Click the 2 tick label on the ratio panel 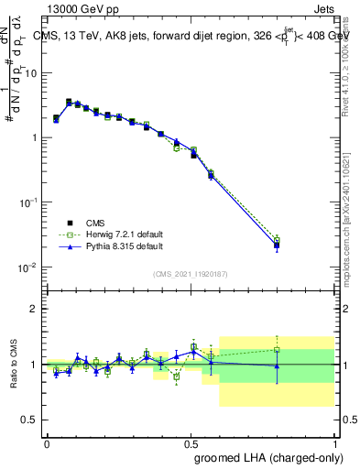click(x=33, y=309)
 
